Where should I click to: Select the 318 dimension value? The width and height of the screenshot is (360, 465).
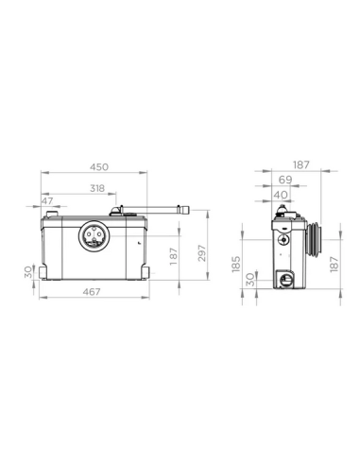point(96,187)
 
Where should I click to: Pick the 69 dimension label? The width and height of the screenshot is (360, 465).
point(283,179)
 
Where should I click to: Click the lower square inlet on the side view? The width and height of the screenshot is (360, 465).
point(284,278)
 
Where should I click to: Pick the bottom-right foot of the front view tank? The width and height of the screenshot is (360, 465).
point(143,275)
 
